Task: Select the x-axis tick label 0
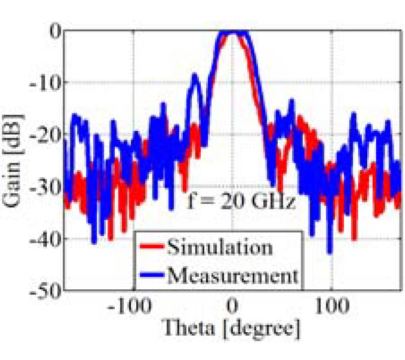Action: [x=232, y=307]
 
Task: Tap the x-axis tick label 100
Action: [x=332, y=307]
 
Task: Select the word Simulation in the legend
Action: [x=219, y=247]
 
